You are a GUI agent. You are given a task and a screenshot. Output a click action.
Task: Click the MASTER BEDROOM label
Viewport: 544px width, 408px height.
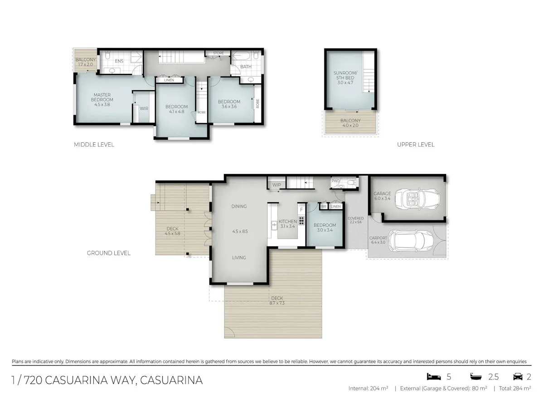[102, 97]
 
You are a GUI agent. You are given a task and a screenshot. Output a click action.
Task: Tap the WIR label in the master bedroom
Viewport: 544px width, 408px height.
[144, 108]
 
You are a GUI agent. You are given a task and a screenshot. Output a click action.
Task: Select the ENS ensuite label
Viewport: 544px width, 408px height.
[119, 61]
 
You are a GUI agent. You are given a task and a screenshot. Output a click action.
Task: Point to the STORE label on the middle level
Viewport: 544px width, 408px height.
[219, 53]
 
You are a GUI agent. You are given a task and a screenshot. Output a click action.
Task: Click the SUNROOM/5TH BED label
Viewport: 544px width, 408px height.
[345, 75]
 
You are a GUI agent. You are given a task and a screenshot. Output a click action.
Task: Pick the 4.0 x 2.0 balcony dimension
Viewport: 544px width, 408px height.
[350, 126]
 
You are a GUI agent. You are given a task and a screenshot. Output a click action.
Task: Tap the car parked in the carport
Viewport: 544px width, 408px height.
[411, 241]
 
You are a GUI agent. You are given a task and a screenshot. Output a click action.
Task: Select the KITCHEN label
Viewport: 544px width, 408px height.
[287, 222]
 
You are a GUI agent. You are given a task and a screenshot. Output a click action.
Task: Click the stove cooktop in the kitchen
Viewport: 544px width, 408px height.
[301, 220]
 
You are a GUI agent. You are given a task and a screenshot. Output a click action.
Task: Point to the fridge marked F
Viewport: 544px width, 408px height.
[301, 209]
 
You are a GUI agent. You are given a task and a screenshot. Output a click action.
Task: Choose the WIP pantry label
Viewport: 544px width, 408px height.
[277, 185]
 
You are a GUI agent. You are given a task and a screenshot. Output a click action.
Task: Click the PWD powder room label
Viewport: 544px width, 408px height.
[335, 181]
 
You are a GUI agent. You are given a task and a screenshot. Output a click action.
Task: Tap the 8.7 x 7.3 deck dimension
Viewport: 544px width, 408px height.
[277, 303]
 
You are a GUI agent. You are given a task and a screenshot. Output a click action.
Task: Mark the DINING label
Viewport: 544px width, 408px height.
[239, 206]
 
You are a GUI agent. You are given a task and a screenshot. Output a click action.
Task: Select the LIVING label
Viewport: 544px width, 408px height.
[239, 257]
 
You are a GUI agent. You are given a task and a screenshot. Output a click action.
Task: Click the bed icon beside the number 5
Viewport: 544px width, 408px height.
[434, 377]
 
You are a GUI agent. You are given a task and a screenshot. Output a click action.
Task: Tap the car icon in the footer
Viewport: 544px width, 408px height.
[518, 377]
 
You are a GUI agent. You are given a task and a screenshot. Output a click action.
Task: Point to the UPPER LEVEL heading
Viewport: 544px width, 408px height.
[416, 145]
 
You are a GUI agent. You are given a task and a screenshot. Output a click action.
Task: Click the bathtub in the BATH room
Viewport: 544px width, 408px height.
[242, 56]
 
